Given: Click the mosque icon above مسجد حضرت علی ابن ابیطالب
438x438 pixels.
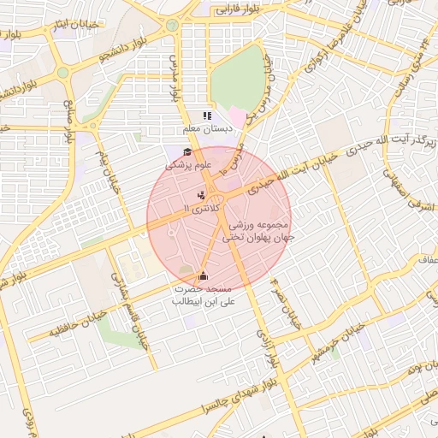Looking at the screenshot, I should click(x=203, y=275).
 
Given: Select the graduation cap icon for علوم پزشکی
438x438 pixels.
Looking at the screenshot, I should click(x=187, y=152).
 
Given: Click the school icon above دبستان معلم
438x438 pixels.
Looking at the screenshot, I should click(x=205, y=115).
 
